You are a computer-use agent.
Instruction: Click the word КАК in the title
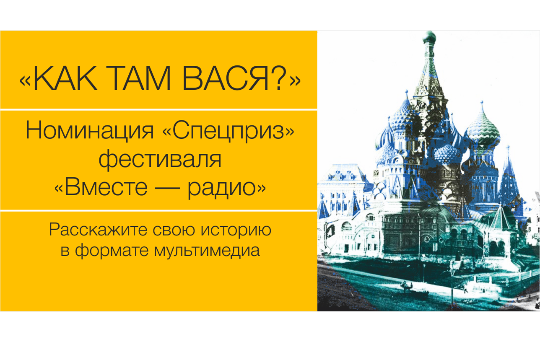tap(65, 78)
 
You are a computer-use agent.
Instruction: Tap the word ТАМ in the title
tap(138, 78)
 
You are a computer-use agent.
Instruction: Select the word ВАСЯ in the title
tap(226, 78)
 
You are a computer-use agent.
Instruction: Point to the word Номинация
tap(89, 131)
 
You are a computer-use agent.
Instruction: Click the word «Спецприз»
tap(228, 132)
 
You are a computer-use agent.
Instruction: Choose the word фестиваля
tap(160, 160)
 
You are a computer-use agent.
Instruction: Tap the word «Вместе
tap(101, 187)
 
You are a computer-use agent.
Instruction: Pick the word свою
tap(174, 231)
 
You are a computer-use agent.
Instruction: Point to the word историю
tap(236, 231)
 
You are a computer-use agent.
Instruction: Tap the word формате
tap(112, 251)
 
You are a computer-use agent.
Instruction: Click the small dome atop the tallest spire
tap(429, 37)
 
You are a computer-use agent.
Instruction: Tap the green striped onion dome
tap(483, 129)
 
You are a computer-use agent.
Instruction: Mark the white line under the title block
tap(158, 110)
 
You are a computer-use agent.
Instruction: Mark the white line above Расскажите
tap(158, 211)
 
